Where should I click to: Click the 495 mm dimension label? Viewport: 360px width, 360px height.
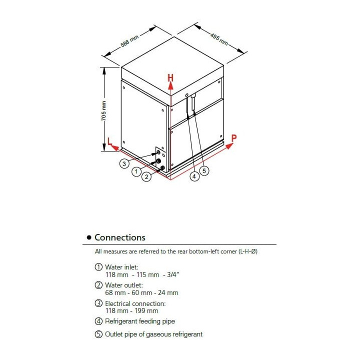point(218,39)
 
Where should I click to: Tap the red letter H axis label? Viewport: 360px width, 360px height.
point(170,78)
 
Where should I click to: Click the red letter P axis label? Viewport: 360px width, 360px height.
point(234,138)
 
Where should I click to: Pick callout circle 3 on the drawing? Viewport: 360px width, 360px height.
point(123,163)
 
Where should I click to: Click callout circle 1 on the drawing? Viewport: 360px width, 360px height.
point(136,172)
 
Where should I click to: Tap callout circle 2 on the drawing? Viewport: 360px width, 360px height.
point(146,176)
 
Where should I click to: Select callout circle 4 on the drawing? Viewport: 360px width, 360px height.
point(194,176)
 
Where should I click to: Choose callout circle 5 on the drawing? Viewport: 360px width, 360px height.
point(203,170)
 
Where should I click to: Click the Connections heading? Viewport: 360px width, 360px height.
point(120,237)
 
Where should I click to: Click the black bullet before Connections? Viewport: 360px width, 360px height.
point(89,238)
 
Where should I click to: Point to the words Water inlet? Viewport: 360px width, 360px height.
point(121,267)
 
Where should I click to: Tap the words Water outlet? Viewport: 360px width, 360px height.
point(123,285)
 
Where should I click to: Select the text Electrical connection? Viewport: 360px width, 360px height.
point(135,303)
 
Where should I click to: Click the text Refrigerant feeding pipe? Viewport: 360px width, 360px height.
point(140,321)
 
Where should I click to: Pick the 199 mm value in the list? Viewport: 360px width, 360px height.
point(147,310)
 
